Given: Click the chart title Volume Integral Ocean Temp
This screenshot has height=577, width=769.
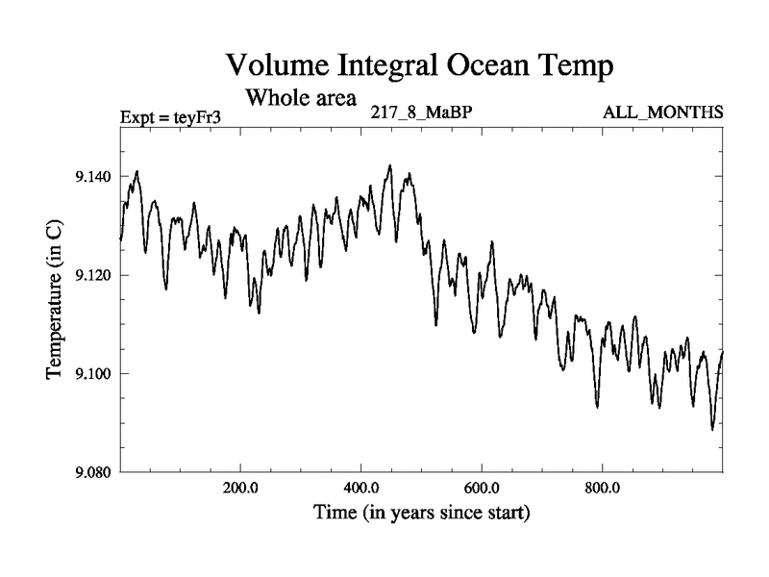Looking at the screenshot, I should (419, 65).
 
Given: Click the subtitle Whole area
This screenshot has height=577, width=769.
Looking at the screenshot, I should (301, 97).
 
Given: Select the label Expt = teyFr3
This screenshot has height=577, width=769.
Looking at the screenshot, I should (171, 117).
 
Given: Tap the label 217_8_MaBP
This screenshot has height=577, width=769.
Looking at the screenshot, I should (421, 113).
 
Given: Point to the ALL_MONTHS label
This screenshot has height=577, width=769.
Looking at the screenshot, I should (662, 113).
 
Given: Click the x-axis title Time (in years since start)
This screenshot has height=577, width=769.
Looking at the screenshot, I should (421, 513).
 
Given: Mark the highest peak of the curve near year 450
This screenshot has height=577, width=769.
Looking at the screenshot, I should (390, 165).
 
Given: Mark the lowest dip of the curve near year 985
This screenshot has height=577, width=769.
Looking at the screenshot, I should (712, 429).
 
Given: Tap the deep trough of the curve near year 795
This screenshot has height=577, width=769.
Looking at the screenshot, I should (597, 407).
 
